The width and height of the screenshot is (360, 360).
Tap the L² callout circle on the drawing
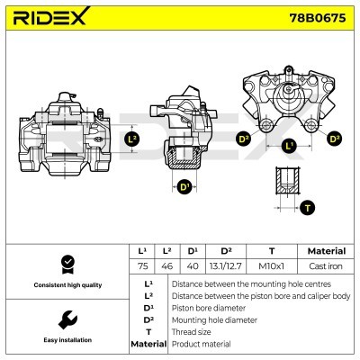(132, 139)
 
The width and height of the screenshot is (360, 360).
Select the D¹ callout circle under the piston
(184, 187)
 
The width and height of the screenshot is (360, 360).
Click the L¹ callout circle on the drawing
(288, 145)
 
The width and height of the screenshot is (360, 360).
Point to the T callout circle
(308, 207)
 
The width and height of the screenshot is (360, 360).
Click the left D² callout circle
(243, 139)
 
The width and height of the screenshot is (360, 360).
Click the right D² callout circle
(334, 139)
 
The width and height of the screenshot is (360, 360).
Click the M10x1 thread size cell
(272, 266)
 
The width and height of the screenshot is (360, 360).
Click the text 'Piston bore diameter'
(210, 307)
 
